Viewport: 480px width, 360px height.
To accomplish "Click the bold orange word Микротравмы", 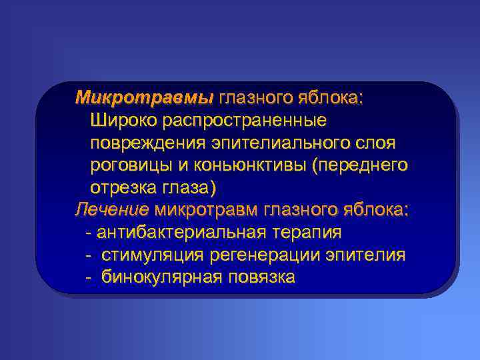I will tap(144, 99).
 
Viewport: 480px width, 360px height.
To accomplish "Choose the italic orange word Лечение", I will tap(111, 211).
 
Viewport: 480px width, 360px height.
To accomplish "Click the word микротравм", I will tap(207, 211).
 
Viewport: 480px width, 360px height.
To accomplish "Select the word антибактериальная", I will tap(183, 233).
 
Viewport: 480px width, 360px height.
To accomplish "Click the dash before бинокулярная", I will tap(89, 277).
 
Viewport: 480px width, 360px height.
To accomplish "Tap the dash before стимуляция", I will tap(89, 255).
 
